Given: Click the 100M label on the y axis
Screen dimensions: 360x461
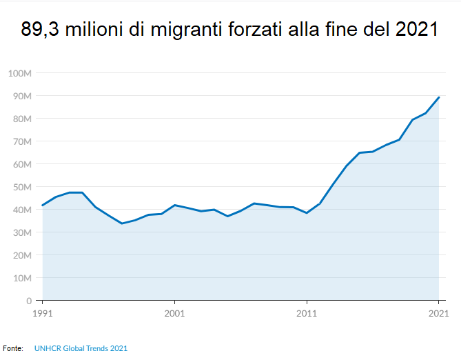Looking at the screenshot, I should click(19, 73).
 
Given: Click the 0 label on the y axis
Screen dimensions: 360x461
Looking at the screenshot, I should click(29, 301).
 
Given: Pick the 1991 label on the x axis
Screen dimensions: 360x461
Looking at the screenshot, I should click(42, 312).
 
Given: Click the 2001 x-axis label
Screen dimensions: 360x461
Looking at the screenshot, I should click(174, 312).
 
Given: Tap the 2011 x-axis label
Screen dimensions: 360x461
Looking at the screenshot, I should click(307, 312).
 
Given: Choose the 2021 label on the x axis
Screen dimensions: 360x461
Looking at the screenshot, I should click(438, 312).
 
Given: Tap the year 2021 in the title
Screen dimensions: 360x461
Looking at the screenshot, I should click(418, 30).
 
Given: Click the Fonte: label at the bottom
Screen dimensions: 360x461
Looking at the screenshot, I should click(13, 348).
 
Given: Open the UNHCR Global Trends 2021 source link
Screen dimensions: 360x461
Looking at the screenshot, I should click(81, 348).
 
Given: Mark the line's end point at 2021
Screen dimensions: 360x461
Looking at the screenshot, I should click(439, 97).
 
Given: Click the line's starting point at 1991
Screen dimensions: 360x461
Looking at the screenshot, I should click(42, 206).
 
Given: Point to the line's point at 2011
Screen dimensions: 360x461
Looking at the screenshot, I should click(307, 213).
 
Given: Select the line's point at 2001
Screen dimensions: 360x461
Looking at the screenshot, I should click(174, 205).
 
